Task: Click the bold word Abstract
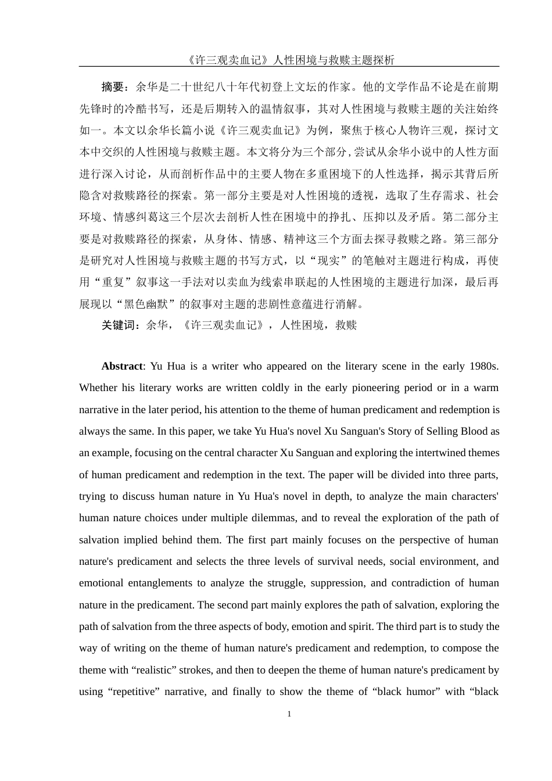(122, 366)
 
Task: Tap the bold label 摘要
(113, 87)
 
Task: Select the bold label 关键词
(118, 325)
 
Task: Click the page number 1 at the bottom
(289, 714)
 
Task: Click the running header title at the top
(289, 60)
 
